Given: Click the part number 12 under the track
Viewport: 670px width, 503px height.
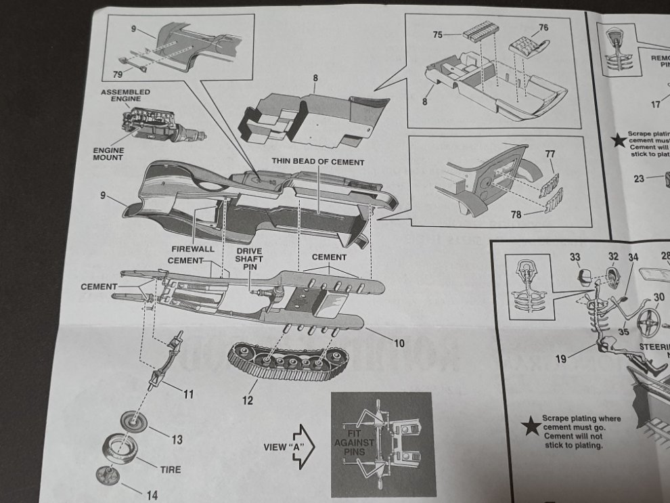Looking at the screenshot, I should coord(247,400).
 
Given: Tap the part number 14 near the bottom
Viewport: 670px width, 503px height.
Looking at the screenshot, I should coord(152,495).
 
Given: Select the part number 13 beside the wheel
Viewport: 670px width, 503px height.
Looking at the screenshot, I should coord(176,440).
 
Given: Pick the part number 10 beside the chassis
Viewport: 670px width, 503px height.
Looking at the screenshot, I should coord(399,343).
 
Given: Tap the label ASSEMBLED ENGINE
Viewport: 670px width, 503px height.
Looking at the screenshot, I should coord(125,95).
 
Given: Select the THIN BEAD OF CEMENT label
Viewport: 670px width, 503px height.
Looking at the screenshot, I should coord(318,162).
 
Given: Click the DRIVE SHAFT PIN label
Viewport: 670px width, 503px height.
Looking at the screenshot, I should coord(249,260).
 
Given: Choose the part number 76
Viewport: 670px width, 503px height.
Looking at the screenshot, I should coord(543,28).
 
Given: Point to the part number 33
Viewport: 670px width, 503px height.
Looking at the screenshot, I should coord(575,257).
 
